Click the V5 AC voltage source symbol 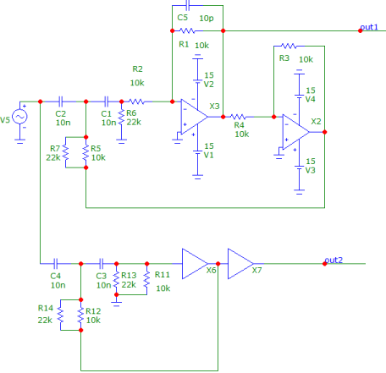[x=19, y=117]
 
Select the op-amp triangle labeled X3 [x=194, y=117]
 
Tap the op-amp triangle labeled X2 [x=295, y=132]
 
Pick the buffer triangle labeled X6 [x=195, y=264]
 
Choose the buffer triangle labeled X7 [x=240, y=264]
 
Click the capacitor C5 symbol [x=188, y=5]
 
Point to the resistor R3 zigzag [x=289, y=46]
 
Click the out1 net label [x=369, y=27]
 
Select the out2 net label [x=334, y=260]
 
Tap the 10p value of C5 [x=207, y=19]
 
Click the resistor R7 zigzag [x=65, y=152]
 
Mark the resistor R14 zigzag [x=60, y=315]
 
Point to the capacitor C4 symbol [x=56, y=264]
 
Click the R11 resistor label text [x=163, y=274]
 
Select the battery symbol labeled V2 [x=197, y=69]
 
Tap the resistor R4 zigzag [x=238, y=117]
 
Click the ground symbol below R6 [x=121, y=141]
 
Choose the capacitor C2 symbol [x=61, y=101]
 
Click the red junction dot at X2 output [x=325, y=132]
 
